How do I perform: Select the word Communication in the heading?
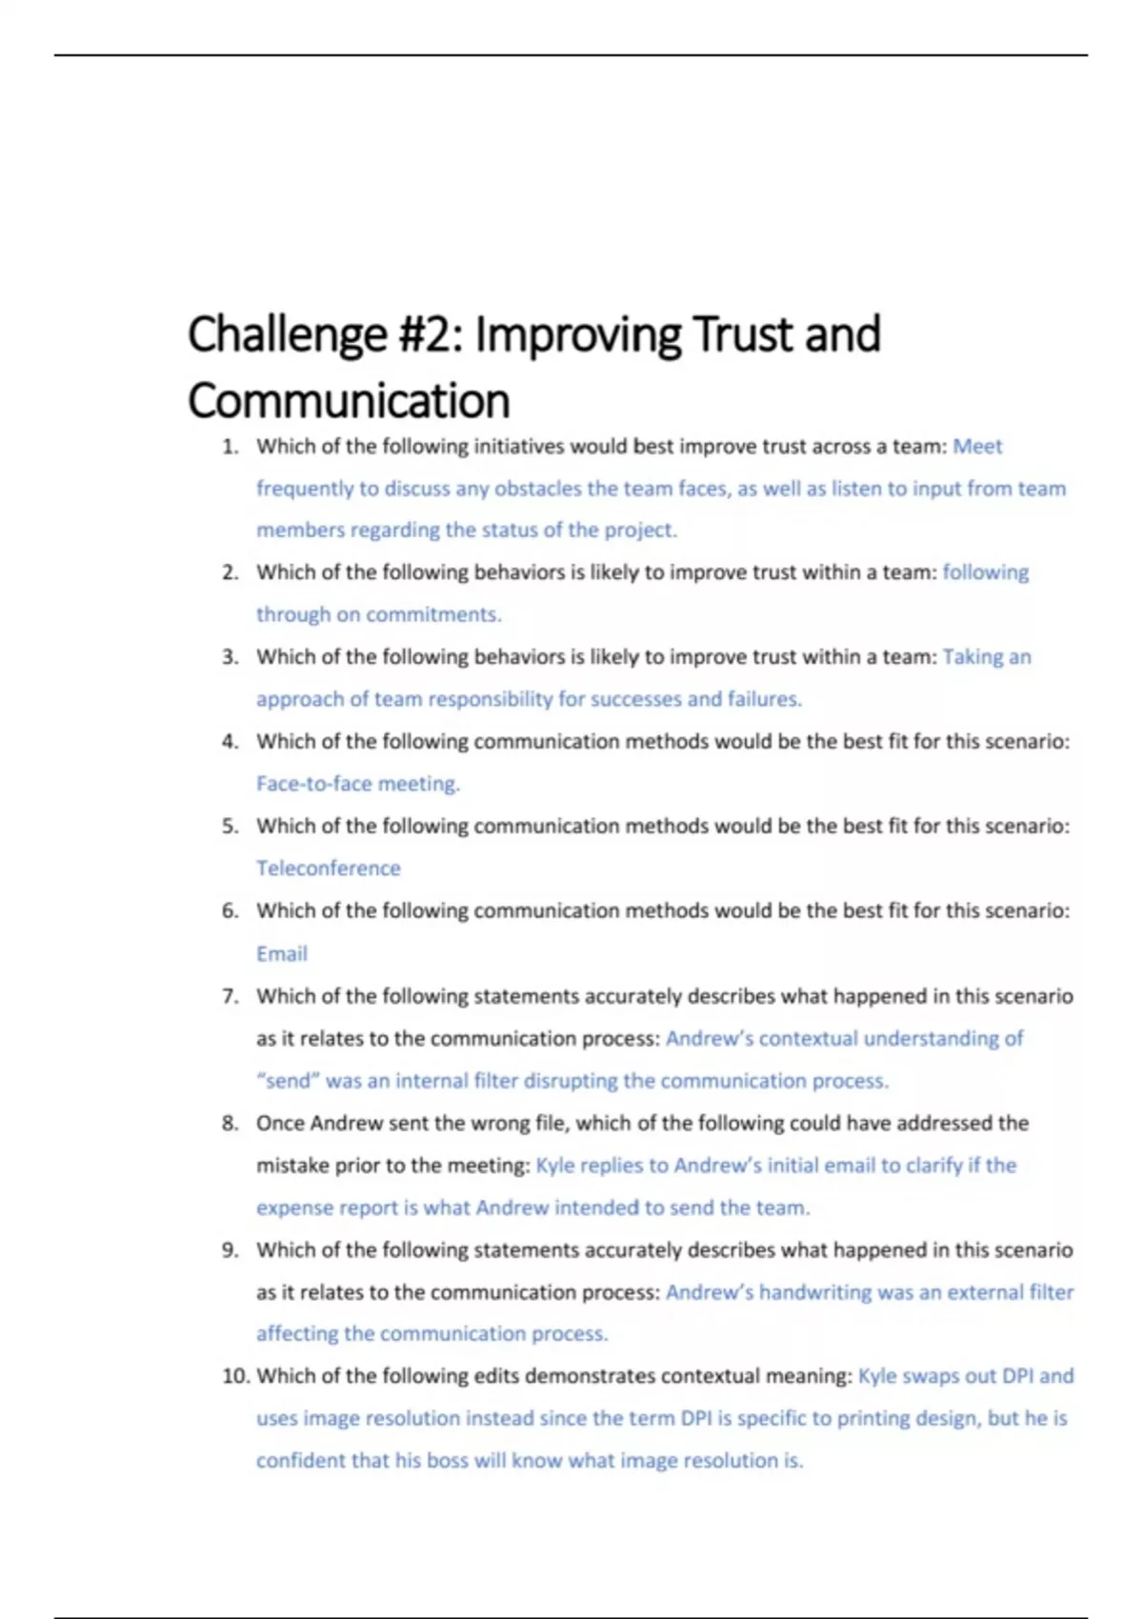pos(349,401)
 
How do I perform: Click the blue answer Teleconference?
pos(328,869)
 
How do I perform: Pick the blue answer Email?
pos(281,953)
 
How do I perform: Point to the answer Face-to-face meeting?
pos(357,784)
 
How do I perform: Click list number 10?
pos(235,1376)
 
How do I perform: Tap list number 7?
pos(230,996)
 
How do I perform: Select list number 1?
pos(230,447)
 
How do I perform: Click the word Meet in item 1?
pos(977,447)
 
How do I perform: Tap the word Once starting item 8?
pos(280,1123)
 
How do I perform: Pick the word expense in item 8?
pos(292,1208)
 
